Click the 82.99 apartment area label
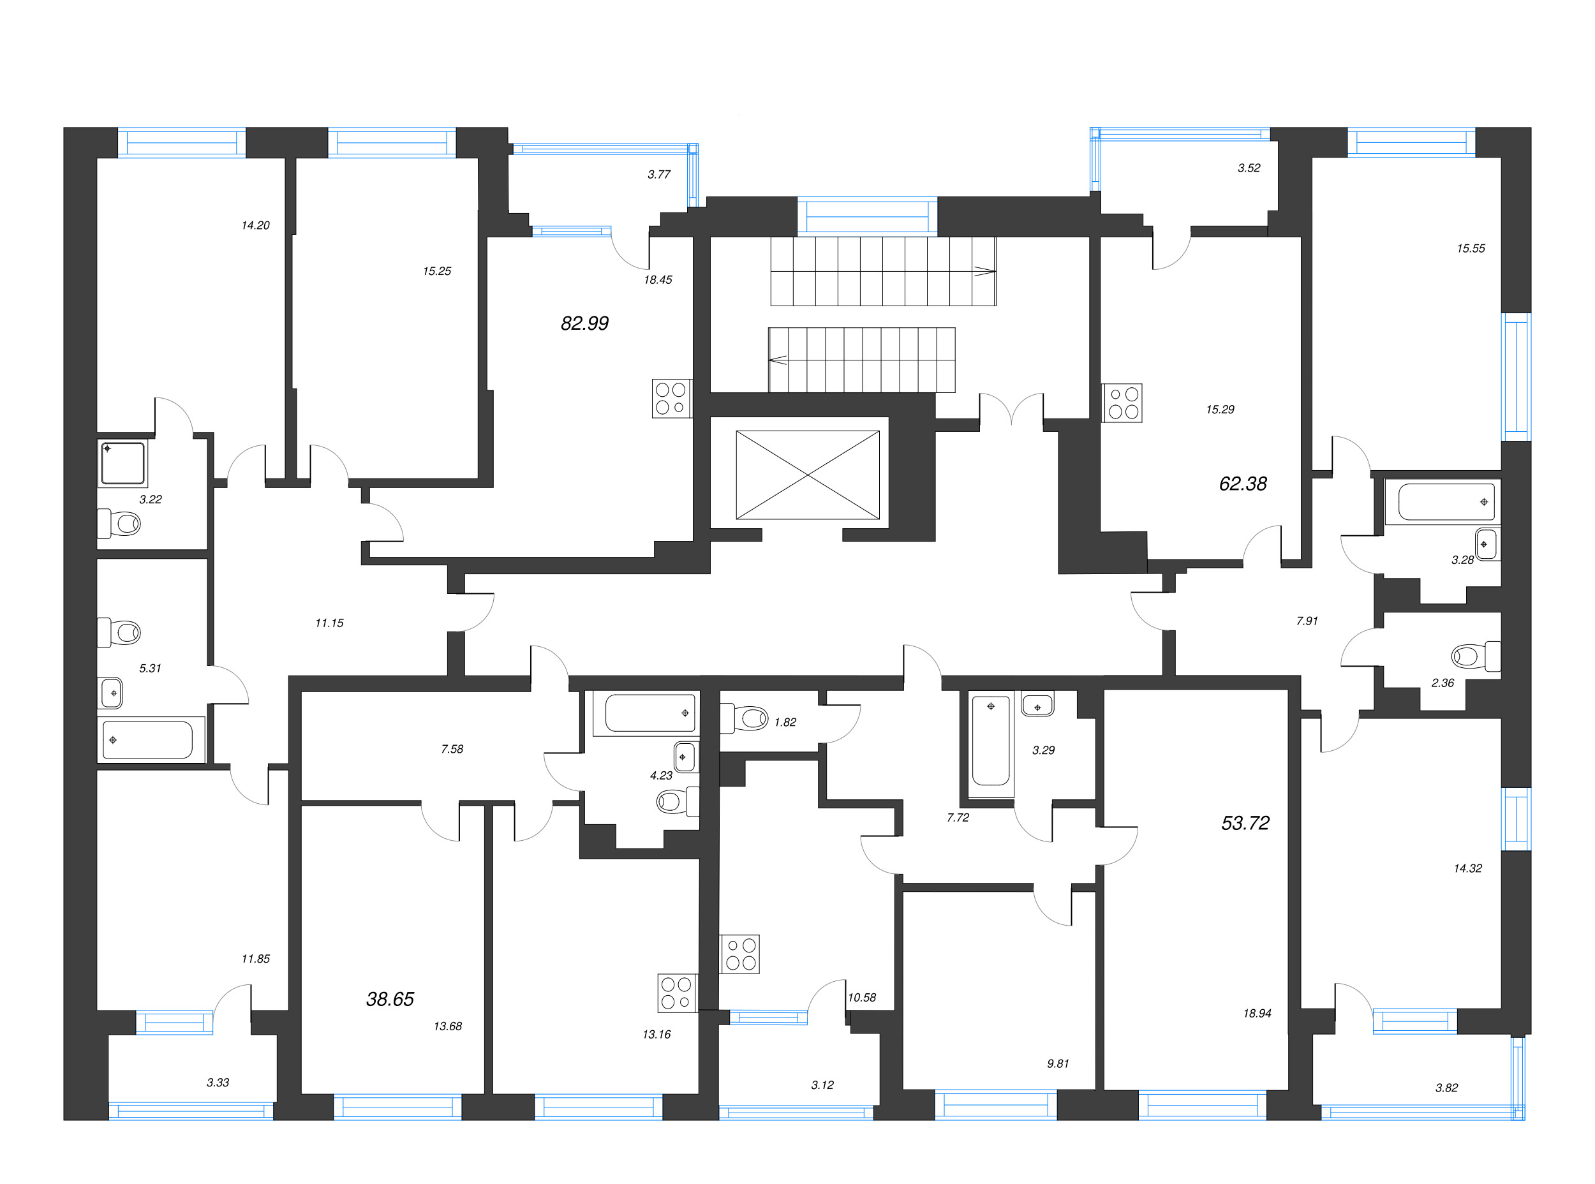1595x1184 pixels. [584, 323]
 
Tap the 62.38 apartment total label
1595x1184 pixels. [1242, 484]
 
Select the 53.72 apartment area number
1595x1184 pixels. [1245, 823]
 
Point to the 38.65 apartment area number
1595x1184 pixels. [390, 999]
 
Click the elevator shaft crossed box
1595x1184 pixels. [807, 475]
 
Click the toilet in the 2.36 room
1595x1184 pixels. [1475, 656]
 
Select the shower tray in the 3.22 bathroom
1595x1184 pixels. [122, 463]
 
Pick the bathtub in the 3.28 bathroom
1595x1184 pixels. [1441, 501]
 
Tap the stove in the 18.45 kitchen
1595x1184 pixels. [672, 399]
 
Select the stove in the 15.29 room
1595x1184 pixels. [1122, 403]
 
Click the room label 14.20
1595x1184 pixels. [255, 225]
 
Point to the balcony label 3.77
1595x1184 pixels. [659, 174]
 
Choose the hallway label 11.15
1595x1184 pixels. [329, 623]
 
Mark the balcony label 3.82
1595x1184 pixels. [1446, 1087]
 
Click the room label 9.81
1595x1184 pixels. [1057, 1063]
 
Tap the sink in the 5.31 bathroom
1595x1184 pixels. [110, 693]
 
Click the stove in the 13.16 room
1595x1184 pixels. [678, 993]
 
